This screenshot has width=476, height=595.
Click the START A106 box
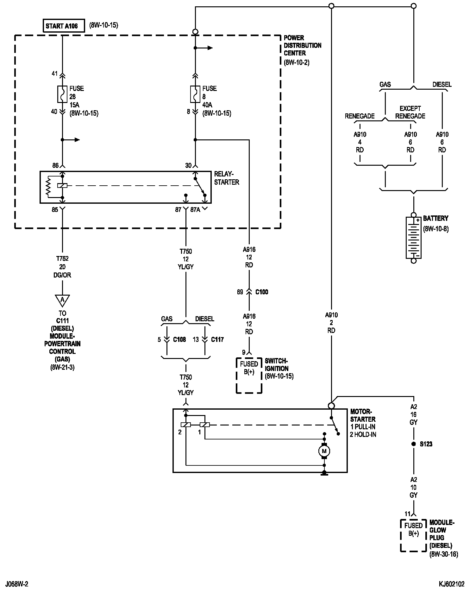tap(64, 26)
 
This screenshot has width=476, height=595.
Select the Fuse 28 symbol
tap(62, 94)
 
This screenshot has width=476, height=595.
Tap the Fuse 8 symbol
tap(195, 94)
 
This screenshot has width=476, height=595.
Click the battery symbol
tap(413, 238)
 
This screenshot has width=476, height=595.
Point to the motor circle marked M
tap(324, 451)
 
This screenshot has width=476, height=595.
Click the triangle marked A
tap(62, 300)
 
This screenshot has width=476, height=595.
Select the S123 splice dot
tap(413, 444)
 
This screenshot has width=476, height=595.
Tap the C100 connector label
tap(262, 292)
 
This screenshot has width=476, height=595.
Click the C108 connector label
tap(179, 340)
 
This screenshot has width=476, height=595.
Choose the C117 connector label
tap(217, 340)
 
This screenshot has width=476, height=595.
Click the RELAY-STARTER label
tap(227, 178)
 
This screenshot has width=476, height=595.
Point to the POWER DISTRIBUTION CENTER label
tap(303, 45)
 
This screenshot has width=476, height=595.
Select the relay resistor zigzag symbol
tap(48, 186)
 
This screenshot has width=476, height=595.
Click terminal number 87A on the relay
tap(195, 209)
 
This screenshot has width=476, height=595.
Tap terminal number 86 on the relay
tap(55, 165)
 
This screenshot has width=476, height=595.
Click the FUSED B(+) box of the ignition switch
tap(249, 375)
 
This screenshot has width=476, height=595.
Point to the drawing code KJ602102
tap(452, 584)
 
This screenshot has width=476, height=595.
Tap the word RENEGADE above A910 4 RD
tap(360, 116)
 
